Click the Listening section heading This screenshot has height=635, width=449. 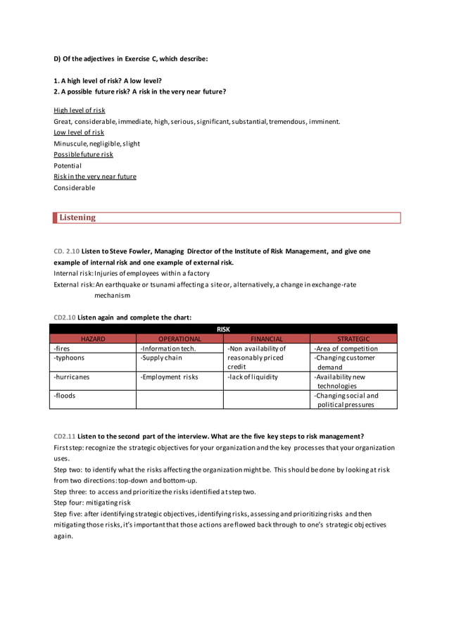[77, 218]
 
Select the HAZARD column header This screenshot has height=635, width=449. [93, 339]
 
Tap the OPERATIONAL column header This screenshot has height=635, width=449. [179, 339]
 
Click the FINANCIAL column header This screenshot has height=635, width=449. [266, 339]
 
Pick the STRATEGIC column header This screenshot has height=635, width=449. [353, 339]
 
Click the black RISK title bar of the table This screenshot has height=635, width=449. [223, 329]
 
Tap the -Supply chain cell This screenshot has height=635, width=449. [161, 358]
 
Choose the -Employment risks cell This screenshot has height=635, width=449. [169, 377]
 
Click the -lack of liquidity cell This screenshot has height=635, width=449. [253, 377]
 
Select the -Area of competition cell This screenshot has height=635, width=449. [346, 348]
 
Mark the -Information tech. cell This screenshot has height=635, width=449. [168, 348]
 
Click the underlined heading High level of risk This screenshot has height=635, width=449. [80, 111]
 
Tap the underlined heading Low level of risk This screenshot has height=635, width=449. [79, 132]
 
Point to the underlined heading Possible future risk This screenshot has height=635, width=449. [83, 154]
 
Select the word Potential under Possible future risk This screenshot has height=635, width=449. [68, 165]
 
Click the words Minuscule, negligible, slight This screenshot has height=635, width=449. [97, 144]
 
